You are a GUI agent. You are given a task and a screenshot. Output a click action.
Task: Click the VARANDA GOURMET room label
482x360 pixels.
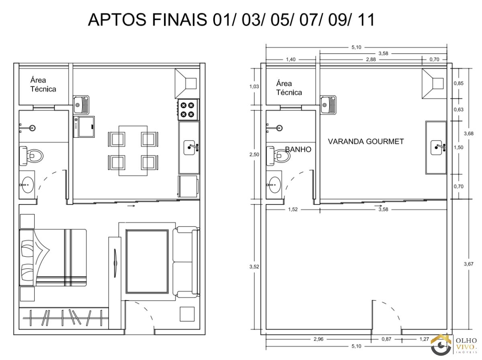tap(366, 141)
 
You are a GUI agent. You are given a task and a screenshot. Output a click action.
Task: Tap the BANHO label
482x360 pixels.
tap(298, 149)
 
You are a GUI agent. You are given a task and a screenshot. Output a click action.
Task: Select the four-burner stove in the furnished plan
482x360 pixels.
tap(188, 110)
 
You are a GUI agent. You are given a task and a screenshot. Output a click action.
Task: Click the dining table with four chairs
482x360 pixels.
tap(133, 151)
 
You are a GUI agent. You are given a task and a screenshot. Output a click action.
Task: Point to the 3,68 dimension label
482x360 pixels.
tap(468, 133)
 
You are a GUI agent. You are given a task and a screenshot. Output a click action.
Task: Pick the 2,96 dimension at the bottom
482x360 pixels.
tap(319, 339)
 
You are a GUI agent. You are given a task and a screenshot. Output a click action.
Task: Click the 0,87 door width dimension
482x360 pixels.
tap(386, 339)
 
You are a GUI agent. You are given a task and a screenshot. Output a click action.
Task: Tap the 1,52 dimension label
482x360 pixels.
tap(293, 209)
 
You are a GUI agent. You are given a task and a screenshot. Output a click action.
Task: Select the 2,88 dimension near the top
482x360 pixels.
tap(371, 59)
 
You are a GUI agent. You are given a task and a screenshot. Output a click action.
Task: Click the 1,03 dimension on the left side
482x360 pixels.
tap(254, 86)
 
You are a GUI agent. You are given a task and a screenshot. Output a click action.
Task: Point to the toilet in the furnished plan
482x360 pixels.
tap(31, 156)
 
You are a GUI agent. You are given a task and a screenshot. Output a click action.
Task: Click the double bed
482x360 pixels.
tap(53, 258)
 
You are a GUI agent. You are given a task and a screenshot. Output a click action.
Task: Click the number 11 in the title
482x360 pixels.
tap(366, 20)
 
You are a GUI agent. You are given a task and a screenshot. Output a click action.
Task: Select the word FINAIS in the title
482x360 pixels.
tap(179, 20)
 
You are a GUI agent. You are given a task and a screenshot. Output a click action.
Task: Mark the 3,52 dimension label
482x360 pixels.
tap(254, 267)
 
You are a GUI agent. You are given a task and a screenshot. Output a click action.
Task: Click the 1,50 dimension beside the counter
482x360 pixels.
tap(459, 147)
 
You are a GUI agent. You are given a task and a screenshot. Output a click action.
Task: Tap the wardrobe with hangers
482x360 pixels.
tap(64, 318)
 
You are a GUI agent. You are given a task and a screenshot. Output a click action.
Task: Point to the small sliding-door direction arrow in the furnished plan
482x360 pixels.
tap(131, 206)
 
